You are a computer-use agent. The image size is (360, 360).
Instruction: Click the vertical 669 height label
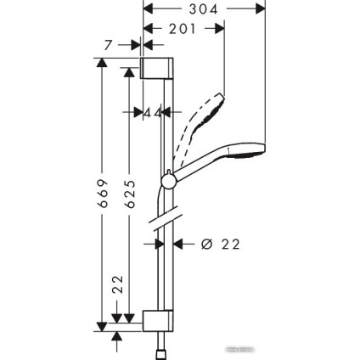100,194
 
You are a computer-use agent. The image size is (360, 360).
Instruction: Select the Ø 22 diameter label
219,245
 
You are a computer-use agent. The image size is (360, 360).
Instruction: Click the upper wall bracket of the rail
157,67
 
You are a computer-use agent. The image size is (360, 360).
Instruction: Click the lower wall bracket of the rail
157,322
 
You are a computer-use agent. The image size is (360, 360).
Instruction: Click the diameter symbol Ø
206,245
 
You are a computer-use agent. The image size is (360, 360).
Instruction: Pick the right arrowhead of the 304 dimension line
262,9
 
